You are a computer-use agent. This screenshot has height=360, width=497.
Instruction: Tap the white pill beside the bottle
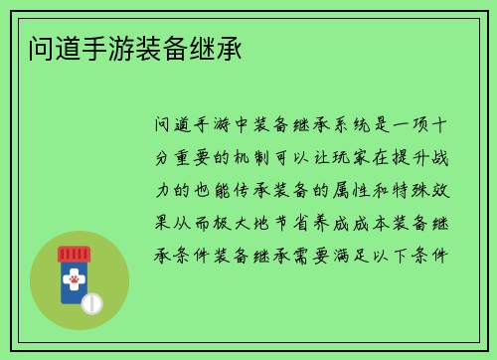coord(91,302)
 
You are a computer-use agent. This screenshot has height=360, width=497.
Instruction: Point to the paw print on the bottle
coord(73,281)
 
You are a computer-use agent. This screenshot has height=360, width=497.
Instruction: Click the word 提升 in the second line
coord(410,157)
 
